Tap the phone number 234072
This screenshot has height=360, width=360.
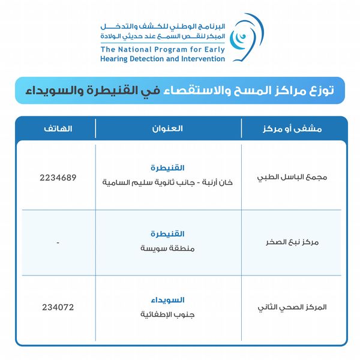click(x=58, y=307)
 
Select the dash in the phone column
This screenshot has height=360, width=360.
click(x=58, y=242)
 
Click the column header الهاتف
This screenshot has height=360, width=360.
click(x=58, y=129)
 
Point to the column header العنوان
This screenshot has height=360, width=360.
click(x=169, y=129)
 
